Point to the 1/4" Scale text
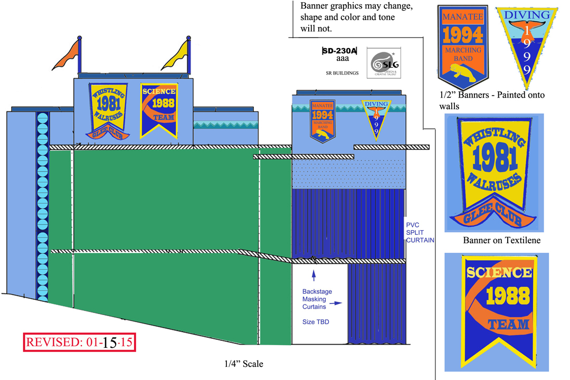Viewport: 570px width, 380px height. click(x=243, y=364)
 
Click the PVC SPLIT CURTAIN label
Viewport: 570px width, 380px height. click(x=420, y=232)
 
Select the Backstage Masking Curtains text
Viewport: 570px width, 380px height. click(x=317, y=299)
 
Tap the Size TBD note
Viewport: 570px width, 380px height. click(x=316, y=321)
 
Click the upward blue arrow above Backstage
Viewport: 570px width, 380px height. click(x=314, y=274)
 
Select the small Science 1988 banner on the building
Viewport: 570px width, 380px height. click(x=158, y=110)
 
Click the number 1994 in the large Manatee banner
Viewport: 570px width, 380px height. click(x=462, y=35)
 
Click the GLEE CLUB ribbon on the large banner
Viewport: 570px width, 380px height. click(x=492, y=217)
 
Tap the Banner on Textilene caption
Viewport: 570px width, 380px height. click(x=501, y=240)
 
